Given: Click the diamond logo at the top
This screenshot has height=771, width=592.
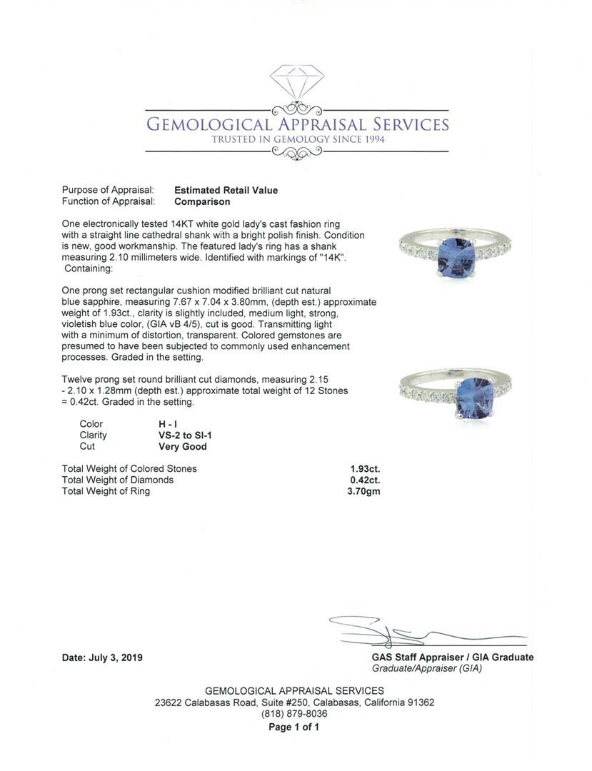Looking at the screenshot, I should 296,81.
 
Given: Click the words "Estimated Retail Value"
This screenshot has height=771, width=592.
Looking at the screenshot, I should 226,191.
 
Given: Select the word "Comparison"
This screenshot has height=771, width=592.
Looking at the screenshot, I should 202,202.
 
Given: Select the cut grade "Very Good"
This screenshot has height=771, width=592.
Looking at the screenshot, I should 182,447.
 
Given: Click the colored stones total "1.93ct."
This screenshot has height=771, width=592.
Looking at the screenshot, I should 365,469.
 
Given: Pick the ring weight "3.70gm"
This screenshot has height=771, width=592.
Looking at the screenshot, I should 364,492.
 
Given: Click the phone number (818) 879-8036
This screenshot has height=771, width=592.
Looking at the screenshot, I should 294,714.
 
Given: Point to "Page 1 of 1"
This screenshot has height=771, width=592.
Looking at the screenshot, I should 294,727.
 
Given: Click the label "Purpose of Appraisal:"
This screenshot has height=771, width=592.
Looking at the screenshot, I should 108,191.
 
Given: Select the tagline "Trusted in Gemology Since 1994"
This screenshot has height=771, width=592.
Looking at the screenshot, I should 298,139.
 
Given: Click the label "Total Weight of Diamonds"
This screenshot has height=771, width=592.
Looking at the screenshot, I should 118,480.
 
